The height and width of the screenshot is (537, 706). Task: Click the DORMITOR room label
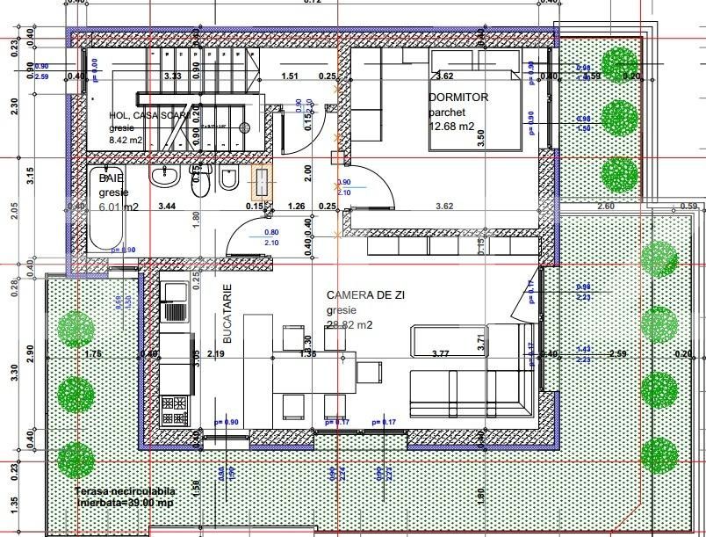pos(458,98)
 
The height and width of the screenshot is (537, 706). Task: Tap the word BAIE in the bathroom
pos(112,178)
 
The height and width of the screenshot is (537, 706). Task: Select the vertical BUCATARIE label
pos(227,313)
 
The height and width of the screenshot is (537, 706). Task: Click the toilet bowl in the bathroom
pos(199,182)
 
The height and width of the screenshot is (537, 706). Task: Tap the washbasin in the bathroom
pos(164,178)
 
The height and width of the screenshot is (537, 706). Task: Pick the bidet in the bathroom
pos(228,180)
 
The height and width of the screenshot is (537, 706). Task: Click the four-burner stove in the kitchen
pos(176,409)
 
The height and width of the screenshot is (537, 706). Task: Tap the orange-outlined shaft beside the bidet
pos(261,183)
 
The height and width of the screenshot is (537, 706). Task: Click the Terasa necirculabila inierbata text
pos(126,497)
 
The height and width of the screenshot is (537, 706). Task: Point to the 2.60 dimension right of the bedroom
pos(605,206)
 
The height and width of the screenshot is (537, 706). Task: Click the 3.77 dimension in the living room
pos(441,354)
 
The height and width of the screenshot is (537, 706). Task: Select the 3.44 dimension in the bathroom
pos(167,206)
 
